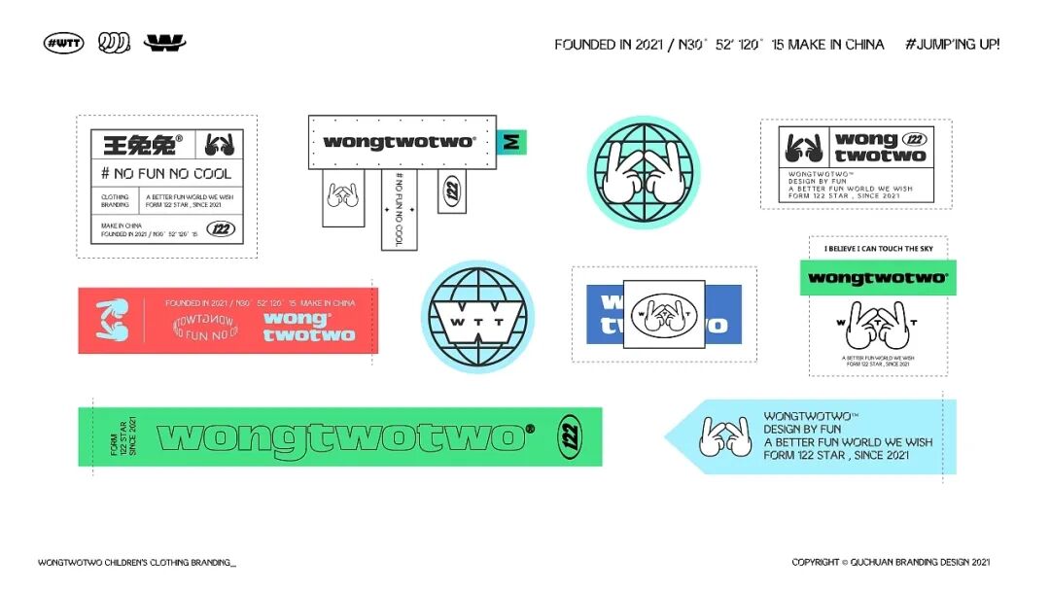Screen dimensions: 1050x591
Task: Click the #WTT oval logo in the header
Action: [64, 43]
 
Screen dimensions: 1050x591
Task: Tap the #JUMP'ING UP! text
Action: [952, 44]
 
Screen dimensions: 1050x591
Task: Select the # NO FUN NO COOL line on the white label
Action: [166, 174]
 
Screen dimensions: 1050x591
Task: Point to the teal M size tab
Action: [511, 142]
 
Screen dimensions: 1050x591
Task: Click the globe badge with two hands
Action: [644, 171]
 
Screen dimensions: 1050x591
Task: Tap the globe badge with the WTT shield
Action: [477, 316]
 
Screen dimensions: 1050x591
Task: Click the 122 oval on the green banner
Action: [571, 436]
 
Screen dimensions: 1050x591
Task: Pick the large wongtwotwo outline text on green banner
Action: [340, 437]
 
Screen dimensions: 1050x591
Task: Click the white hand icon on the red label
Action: [112, 320]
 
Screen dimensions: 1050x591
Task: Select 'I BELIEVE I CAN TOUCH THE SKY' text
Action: [878, 249]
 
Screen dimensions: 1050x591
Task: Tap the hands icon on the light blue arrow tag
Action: [724, 436]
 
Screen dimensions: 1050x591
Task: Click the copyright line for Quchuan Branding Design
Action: [891, 562]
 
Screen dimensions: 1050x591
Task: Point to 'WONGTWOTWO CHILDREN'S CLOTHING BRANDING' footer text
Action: [137, 562]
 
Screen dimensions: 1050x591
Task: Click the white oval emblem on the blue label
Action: [664, 314]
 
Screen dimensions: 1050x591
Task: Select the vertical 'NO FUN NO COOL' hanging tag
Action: [399, 209]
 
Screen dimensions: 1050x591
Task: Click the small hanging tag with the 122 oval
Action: [451, 191]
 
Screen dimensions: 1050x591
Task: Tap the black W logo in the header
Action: [164, 43]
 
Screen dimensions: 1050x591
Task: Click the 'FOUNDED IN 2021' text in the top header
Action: [592, 45]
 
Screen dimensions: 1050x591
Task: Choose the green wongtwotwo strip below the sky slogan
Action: [878, 278]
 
